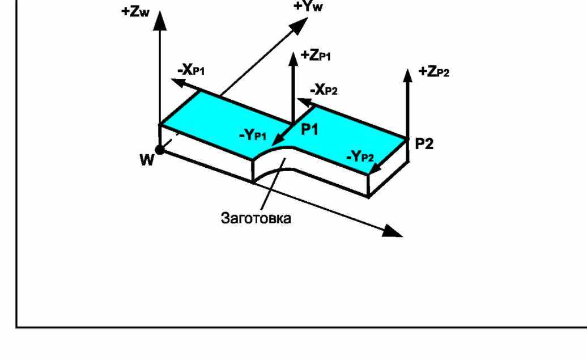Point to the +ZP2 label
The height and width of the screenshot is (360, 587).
point(434,72)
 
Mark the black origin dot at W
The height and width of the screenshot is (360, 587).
point(160,150)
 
